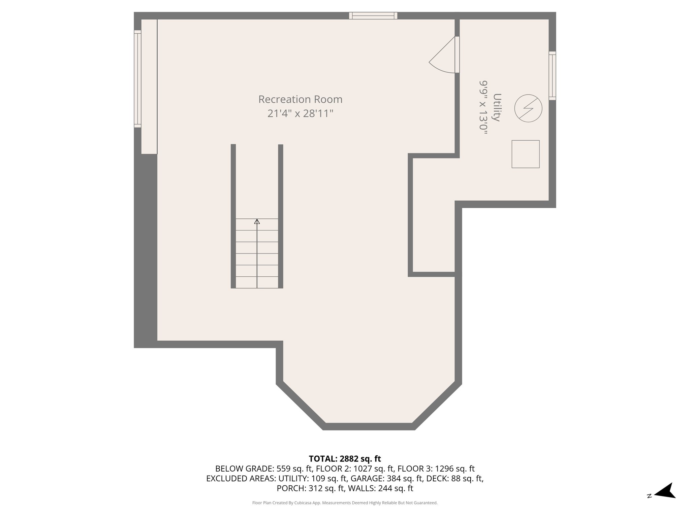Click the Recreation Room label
coord(300,99)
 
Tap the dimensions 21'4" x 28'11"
coord(300,114)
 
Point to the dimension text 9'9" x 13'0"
coord(484,107)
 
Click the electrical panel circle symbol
coord(528,108)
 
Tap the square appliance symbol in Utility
coord(525,154)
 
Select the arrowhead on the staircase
coord(257,221)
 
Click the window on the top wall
coord(373,15)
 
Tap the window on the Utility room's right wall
coord(552,75)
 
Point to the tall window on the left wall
coord(137,79)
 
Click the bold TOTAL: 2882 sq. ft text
coord(345,458)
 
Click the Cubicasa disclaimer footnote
coord(345,503)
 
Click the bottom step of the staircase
coord(257,282)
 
